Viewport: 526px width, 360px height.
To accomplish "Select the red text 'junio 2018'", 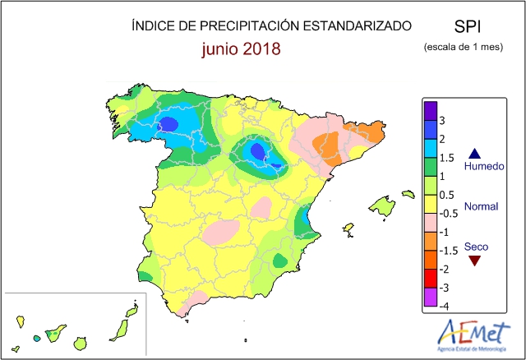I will point(242,48).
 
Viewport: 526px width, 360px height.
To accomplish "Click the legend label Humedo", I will point(482,167).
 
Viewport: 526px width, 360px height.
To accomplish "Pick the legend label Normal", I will point(482,205).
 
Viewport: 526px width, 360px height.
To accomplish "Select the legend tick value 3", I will point(444,120).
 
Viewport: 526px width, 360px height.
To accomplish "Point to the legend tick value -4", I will point(445,307).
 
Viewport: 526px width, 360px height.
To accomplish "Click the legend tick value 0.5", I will point(447,195).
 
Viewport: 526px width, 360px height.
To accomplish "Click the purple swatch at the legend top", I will point(430,109).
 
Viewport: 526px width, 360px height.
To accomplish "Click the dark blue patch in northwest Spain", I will point(168,123).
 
